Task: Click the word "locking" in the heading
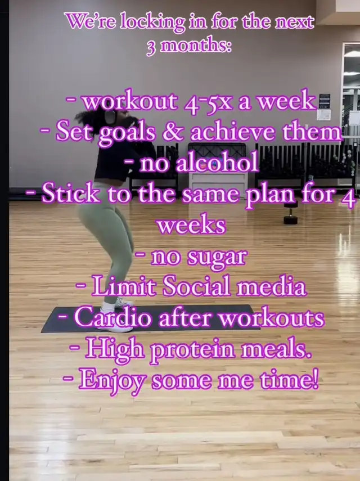[152, 23]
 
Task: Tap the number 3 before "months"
[151, 48]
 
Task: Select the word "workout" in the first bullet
[130, 101]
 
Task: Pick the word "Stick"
[71, 194]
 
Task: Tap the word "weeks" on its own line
[191, 225]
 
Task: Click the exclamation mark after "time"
[315, 378]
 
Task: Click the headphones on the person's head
[110, 117]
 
